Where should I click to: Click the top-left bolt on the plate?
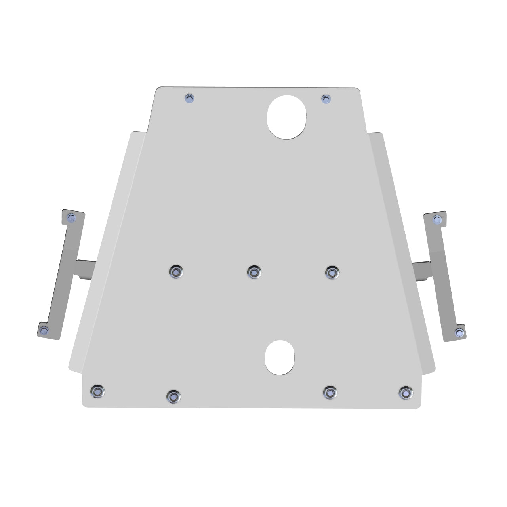pyautogui.click(x=190, y=99)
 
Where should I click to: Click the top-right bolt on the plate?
pyautogui.click(x=326, y=99)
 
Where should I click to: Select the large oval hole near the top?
pyautogui.click(x=287, y=117)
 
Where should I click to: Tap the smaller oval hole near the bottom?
pyautogui.click(x=280, y=358)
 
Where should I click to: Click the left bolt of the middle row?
pyautogui.click(x=175, y=272)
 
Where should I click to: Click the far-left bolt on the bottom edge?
pyautogui.click(x=97, y=391)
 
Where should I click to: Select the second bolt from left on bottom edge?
pyautogui.click(x=173, y=395)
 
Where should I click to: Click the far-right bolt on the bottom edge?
pyautogui.click(x=404, y=392)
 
